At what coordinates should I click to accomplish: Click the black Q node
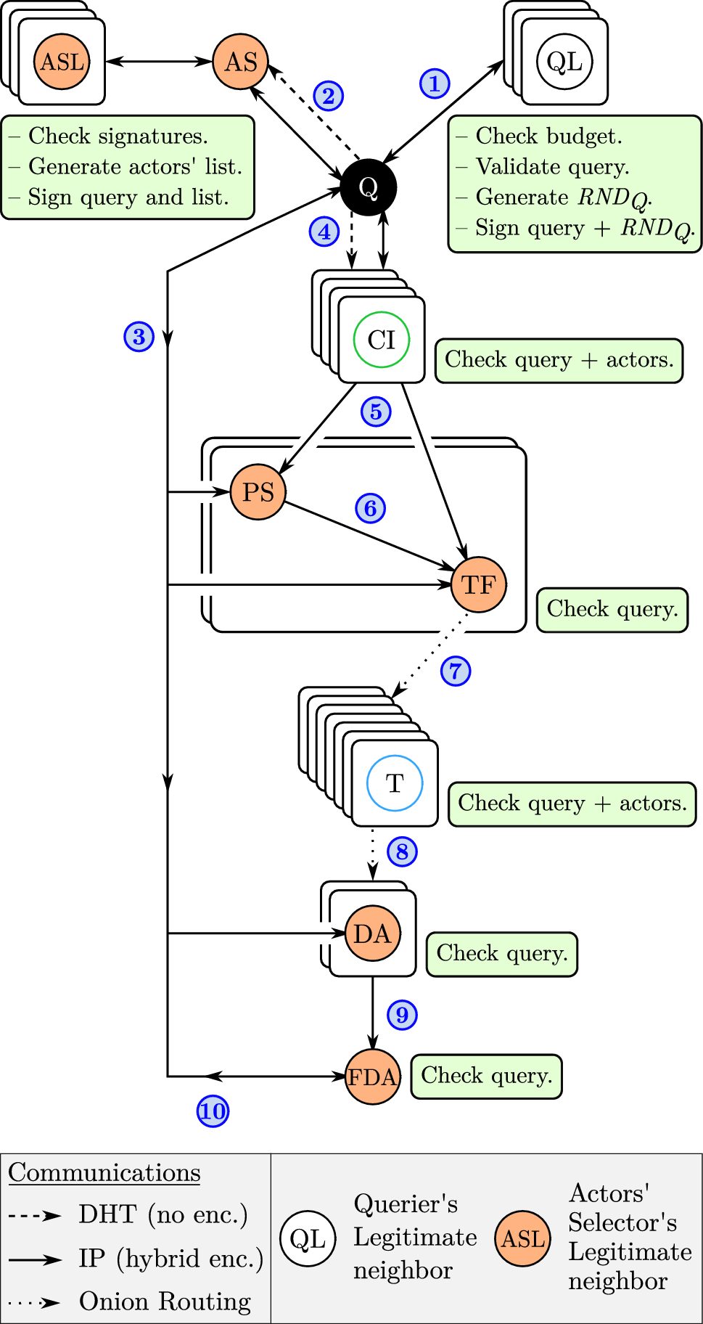(x=369, y=187)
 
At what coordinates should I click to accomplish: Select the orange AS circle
(x=240, y=62)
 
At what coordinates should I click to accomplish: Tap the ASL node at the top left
(x=62, y=62)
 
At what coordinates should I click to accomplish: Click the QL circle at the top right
(x=564, y=62)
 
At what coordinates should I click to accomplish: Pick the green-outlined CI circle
(x=381, y=340)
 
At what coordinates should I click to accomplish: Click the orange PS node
(x=258, y=492)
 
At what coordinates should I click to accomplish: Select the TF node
(x=478, y=584)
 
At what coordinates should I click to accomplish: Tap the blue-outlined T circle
(x=394, y=783)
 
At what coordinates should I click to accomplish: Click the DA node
(x=372, y=933)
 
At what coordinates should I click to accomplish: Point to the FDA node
(x=372, y=1076)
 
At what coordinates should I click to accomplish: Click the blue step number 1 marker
(x=435, y=83)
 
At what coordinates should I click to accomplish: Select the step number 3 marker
(x=139, y=337)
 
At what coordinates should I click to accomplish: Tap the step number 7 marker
(x=456, y=671)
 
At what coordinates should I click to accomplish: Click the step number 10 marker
(x=213, y=1111)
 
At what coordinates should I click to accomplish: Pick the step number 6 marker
(x=370, y=508)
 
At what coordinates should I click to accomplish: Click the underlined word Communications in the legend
(x=104, y=1173)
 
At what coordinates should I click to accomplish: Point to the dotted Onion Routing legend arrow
(x=35, y=1302)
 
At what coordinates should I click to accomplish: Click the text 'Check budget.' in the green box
(x=548, y=136)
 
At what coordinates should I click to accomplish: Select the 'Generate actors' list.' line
(x=135, y=167)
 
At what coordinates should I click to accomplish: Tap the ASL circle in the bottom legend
(x=522, y=1238)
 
